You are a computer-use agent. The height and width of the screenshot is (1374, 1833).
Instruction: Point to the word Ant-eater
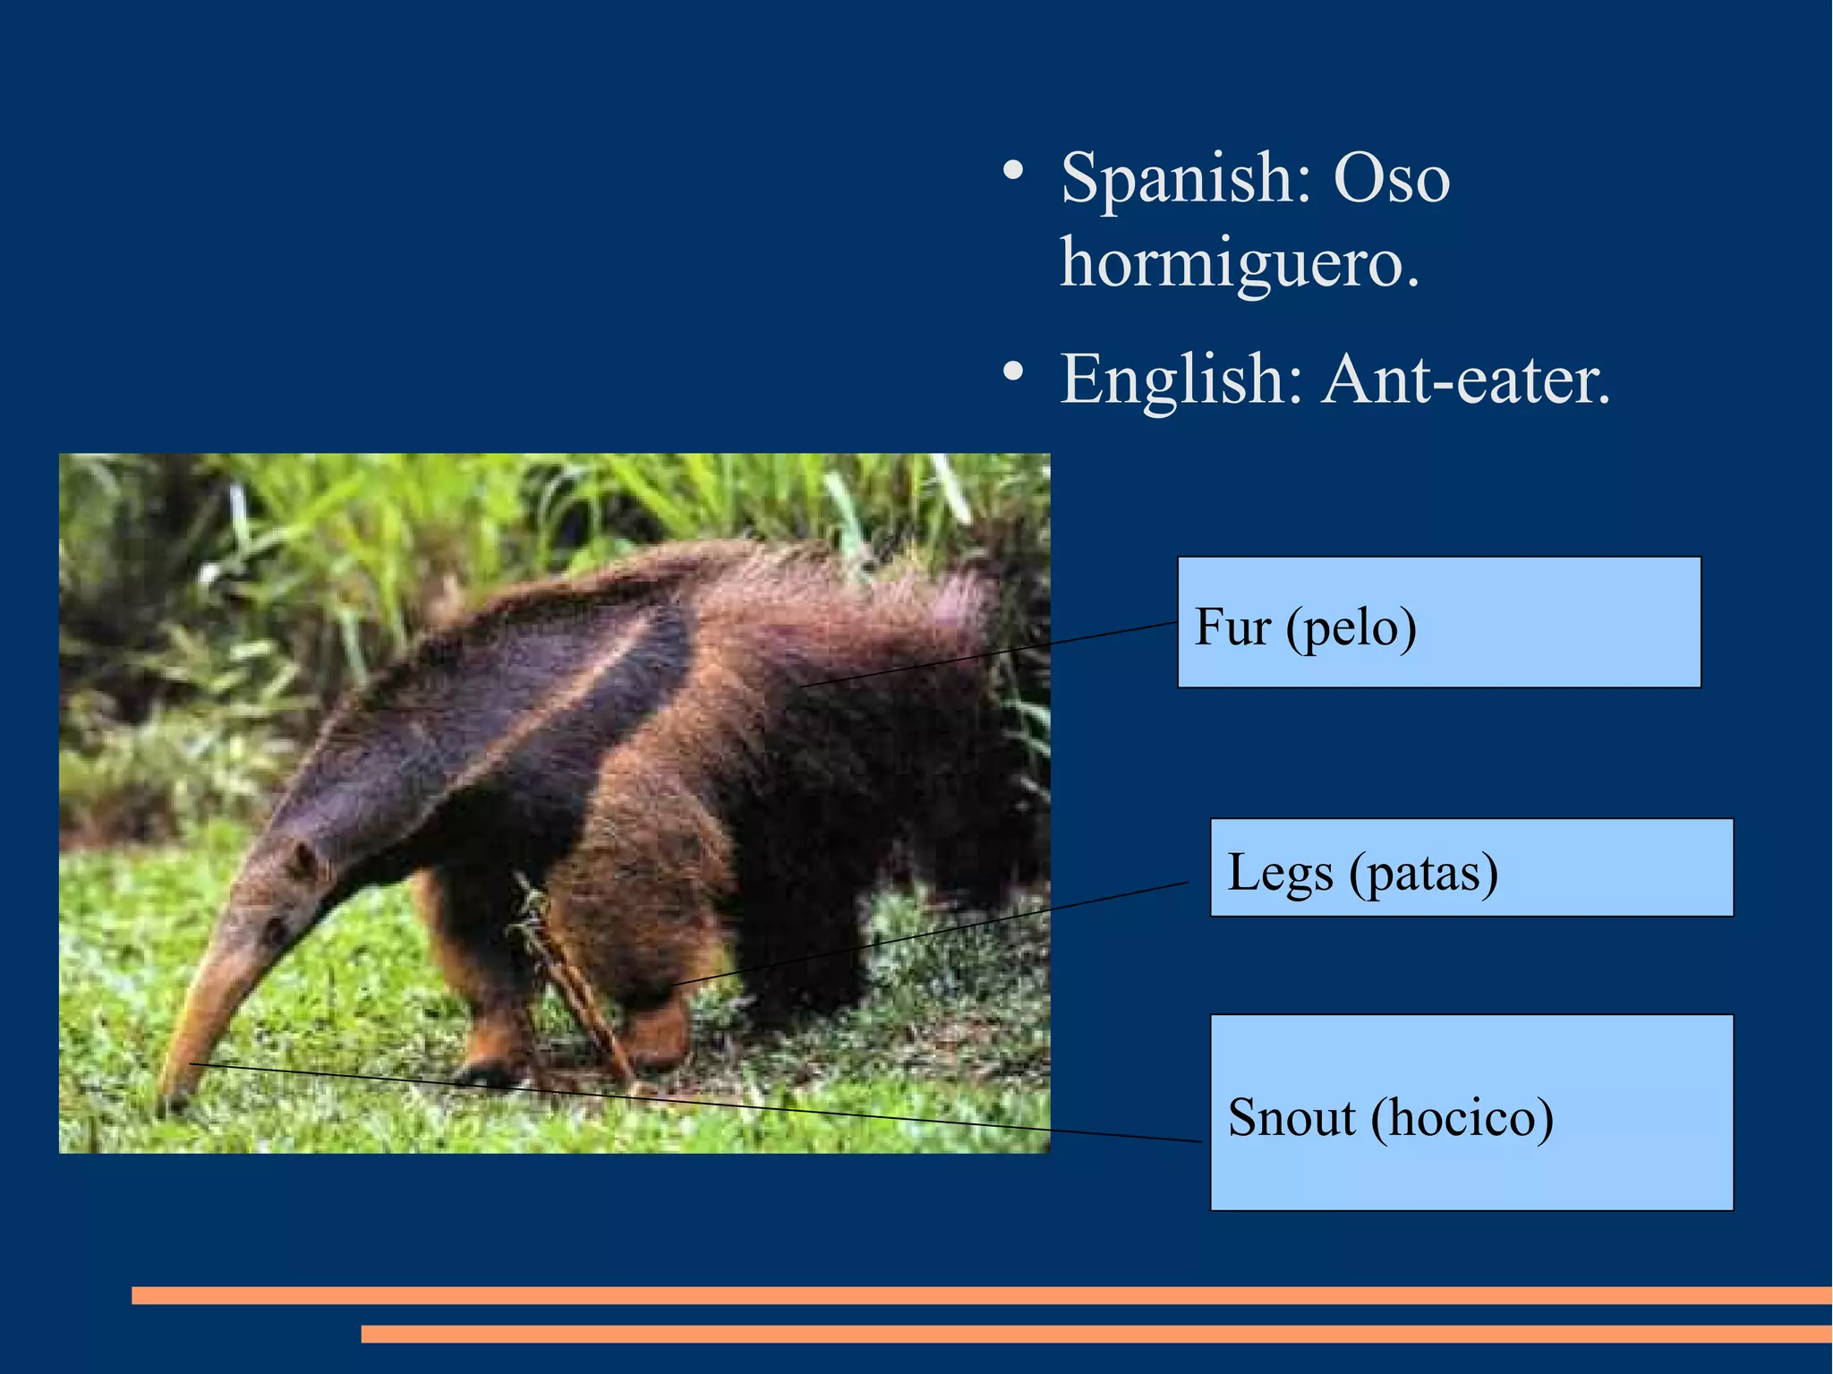(x=1466, y=380)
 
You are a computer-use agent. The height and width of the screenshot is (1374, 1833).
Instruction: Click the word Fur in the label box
(x=1232, y=627)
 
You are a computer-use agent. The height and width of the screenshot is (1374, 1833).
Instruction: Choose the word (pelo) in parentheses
(x=1351, y=628)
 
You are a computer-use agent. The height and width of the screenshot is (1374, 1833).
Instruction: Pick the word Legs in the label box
(x=1279, y=872)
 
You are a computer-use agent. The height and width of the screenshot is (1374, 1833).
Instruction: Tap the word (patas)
(x=1424, y=874)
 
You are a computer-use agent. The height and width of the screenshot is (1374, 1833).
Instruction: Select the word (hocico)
(x=1462, y=1117)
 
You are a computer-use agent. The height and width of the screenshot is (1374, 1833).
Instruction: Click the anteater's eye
(x=274, y=931)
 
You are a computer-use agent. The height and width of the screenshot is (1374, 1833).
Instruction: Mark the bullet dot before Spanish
(x=1012, y=170)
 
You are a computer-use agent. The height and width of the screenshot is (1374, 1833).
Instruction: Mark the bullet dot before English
(x=1012, y=371)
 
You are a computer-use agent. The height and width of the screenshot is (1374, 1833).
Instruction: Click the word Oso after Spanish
(x=1391, y=180)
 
